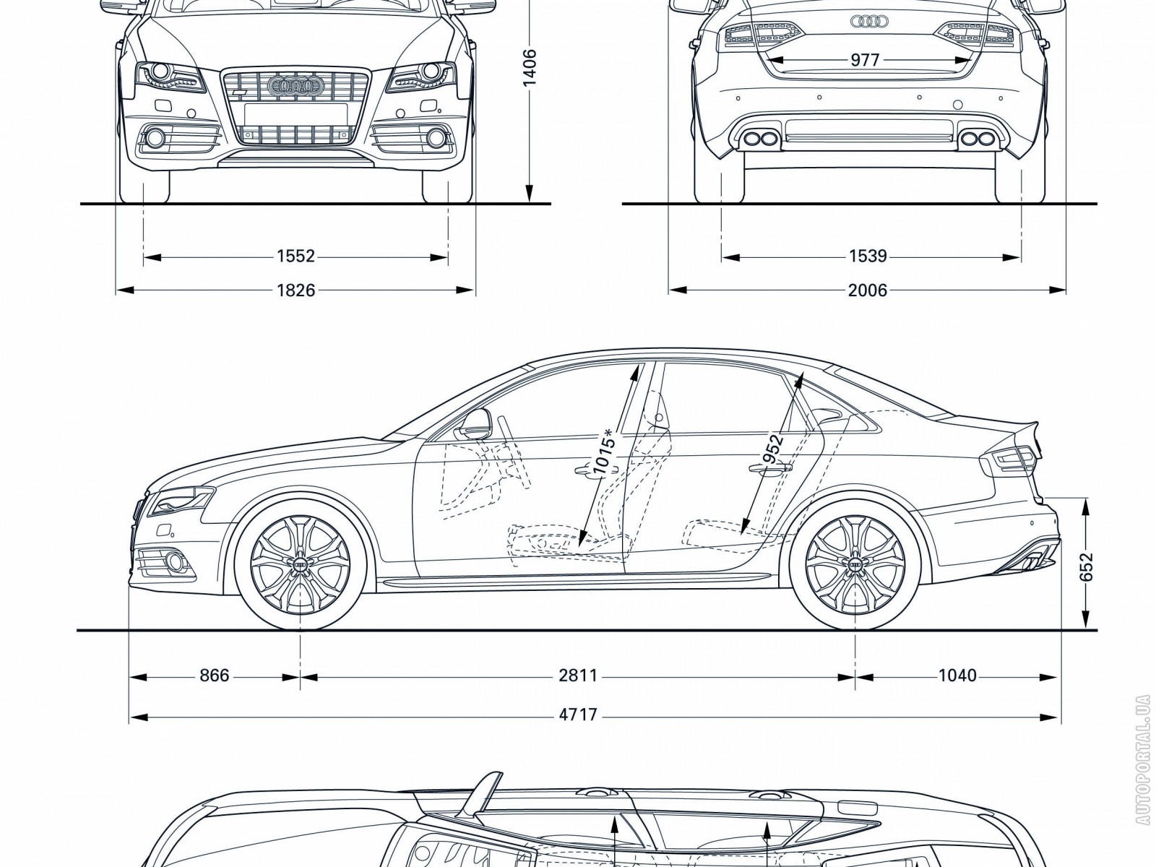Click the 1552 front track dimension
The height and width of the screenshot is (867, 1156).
tap(296, 256)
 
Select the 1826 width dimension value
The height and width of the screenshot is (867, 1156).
tap(296, 290)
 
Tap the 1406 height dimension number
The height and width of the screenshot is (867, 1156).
tap(530, 68)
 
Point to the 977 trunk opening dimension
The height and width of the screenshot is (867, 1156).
tap(864, 60)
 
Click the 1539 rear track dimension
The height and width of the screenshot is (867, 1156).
tap(868, 256)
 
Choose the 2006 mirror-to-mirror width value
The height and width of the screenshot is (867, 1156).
tap(867, 290)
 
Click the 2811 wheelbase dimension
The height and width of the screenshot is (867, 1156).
tap(578, 676)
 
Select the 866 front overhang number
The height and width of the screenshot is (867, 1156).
tap(214, 676)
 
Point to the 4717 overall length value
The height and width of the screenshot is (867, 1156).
tap(578, 715)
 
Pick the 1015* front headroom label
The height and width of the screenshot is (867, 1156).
tap(604, 454)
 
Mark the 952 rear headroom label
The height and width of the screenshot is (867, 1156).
tap(772, 452)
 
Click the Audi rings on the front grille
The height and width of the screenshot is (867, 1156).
tap(294, 87)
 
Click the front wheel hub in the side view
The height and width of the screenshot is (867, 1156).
tap(300, 564)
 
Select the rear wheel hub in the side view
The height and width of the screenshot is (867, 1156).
tap(855, 564)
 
